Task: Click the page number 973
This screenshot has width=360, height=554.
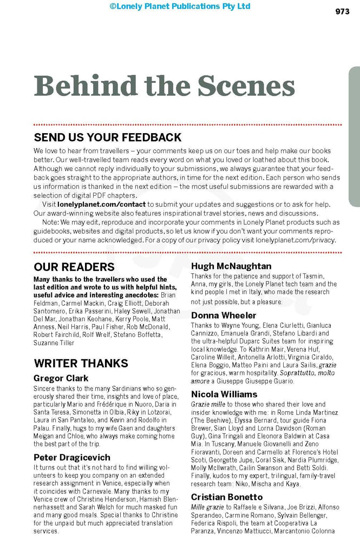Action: pos(342,12)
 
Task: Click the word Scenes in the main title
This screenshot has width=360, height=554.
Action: pos(246,86)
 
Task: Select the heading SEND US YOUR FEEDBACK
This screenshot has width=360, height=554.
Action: pos(108,137)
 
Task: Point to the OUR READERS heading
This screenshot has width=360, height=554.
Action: pos(74,267)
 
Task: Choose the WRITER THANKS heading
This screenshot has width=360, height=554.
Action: pos(81,362)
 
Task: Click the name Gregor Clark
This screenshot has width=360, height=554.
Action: pos(61,378)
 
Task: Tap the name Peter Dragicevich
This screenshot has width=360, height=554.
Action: pos(73,457)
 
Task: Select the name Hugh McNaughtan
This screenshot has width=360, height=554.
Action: pos(231,266)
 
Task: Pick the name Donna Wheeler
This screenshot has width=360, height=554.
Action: pos(224,315)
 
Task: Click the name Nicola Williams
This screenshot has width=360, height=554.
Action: pos(224,393)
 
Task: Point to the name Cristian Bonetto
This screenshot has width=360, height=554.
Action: pos(227,497)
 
